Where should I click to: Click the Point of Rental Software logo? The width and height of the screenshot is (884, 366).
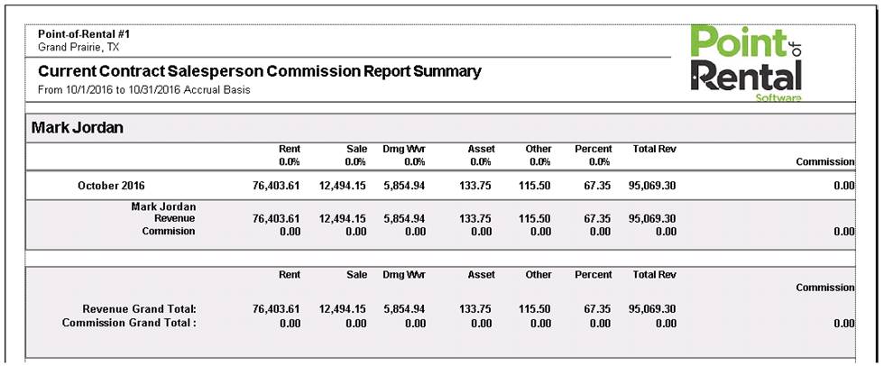746,64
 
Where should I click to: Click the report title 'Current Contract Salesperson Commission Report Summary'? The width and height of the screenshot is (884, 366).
260,72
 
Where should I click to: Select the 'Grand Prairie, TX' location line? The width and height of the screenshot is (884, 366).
78,47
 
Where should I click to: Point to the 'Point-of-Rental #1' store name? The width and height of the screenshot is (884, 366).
84,34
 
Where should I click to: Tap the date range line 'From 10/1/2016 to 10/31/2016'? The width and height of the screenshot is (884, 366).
143,90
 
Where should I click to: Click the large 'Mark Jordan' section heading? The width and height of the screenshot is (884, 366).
78,128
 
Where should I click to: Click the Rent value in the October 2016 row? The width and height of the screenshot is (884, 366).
277,186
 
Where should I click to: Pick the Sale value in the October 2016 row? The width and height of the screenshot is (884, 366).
343,186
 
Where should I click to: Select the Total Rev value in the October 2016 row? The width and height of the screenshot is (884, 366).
652,186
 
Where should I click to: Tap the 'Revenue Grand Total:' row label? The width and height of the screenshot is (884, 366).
139,309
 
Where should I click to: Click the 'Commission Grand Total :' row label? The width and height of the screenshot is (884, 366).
129,324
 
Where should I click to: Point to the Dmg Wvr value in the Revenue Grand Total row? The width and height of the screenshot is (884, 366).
405,309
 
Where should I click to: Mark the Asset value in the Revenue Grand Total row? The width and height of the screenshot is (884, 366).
475,309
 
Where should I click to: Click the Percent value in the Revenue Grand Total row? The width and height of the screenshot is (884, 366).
597,309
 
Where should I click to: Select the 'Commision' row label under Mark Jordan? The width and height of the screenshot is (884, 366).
169,231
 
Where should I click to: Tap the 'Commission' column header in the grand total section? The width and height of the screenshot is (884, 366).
825,288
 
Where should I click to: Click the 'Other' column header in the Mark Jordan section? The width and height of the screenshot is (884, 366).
539,150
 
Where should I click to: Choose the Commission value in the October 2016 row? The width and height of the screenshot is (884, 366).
844,186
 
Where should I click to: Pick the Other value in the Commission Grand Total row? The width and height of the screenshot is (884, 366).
540,324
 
